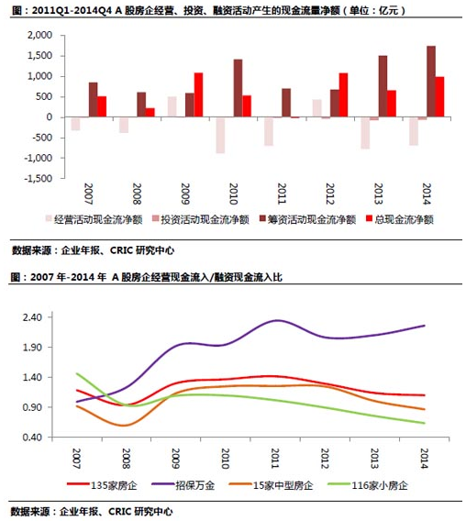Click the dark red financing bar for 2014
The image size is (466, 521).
pos(431,82)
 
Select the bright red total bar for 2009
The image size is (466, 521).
pos(198,94)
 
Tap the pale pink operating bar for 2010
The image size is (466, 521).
pos(220,135)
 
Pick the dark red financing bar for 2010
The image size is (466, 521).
pos(238,88)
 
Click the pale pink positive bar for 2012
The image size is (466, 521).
pos(317,108)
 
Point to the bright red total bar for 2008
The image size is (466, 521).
pos(150,112)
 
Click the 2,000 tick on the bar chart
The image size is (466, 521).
pos(39,35)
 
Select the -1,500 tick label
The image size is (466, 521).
pos(39,179)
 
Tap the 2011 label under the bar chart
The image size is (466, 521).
pos(282,194)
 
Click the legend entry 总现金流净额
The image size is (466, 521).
pos(400,219)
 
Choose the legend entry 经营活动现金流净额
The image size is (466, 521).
pos(94,219)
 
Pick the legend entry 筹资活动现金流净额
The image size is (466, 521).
pos(308,219)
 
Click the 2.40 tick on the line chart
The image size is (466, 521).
pos(32,317)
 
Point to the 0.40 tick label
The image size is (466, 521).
pos(32,438)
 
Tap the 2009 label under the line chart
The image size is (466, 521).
pos(175,459)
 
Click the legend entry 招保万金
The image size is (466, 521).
pos(183,485)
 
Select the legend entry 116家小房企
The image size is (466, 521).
pos(368,485)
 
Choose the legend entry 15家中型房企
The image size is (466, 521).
pos(272,485)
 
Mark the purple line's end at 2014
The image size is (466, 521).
pos(425,326)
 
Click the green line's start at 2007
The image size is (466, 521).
pos(77,373)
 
